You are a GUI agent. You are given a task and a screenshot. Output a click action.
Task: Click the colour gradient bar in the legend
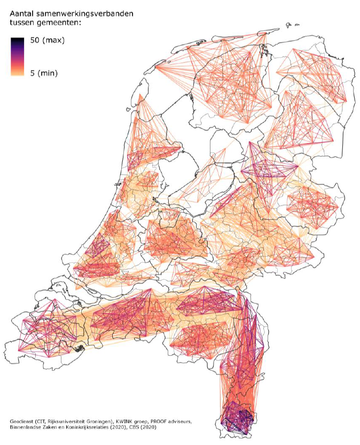click(18, 57)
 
